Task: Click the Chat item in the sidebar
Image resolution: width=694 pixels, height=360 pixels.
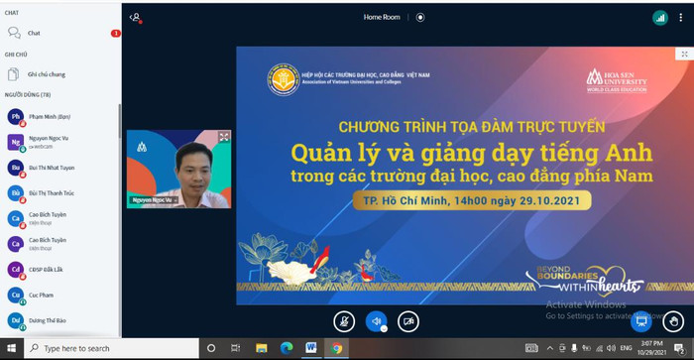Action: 34,33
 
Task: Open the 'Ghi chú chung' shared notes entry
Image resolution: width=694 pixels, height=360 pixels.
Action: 47,74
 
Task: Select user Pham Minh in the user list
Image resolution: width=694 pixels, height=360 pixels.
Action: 49,116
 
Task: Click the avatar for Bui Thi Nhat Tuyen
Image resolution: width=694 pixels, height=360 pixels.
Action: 16,168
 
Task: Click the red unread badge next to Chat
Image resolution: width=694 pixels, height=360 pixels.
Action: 116,34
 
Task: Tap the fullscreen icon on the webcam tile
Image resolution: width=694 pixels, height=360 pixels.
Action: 224,137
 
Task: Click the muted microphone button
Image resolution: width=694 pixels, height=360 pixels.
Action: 344,320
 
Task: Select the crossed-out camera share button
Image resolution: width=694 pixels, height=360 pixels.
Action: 407,320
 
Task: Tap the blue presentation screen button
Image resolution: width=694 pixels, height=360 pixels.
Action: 641,320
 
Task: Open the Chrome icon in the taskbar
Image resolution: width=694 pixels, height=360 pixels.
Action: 337,348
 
